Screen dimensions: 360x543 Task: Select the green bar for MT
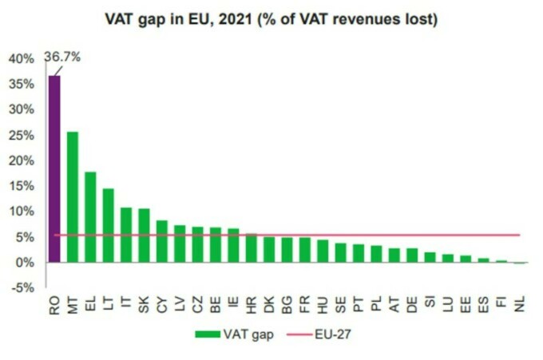click(x=73, y=196)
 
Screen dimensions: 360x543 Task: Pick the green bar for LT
click(x=109, y=225)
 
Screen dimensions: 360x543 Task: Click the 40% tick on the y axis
click(x=21, y=58)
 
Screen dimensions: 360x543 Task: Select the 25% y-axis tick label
click(x=21, y=135)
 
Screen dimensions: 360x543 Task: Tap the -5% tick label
click(x=22, y=287)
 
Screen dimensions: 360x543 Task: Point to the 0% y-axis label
click(x=24, y=262)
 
